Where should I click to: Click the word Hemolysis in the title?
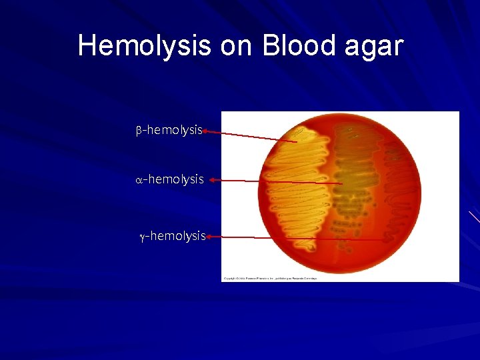[143, 46]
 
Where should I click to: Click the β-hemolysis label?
[169, 130]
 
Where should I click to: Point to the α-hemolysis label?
[169, 179]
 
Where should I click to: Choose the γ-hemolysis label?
[172, 236]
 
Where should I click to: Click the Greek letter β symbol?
[139, 131]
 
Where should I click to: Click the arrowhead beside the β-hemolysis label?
[206, 131]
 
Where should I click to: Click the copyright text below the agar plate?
[270, 278]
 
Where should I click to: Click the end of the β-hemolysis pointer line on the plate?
[297, 141]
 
